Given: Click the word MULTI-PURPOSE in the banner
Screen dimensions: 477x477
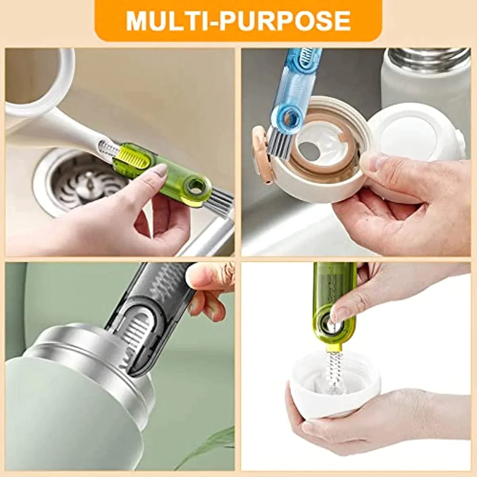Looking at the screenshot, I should tap(238, 21).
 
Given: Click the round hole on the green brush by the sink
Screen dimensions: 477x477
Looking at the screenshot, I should tap(195, 184).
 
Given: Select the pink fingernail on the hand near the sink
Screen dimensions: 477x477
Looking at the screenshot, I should tap(160, 171).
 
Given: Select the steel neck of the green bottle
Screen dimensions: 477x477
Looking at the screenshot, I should tap(79, 358).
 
